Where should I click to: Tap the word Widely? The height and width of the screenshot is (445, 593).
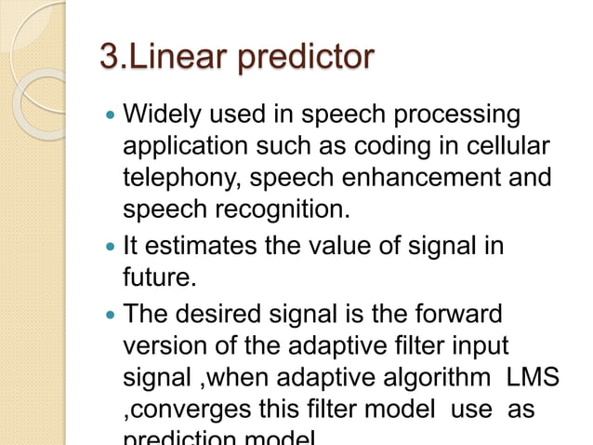point(164,115)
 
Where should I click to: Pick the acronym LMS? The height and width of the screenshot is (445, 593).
point(534,376)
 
